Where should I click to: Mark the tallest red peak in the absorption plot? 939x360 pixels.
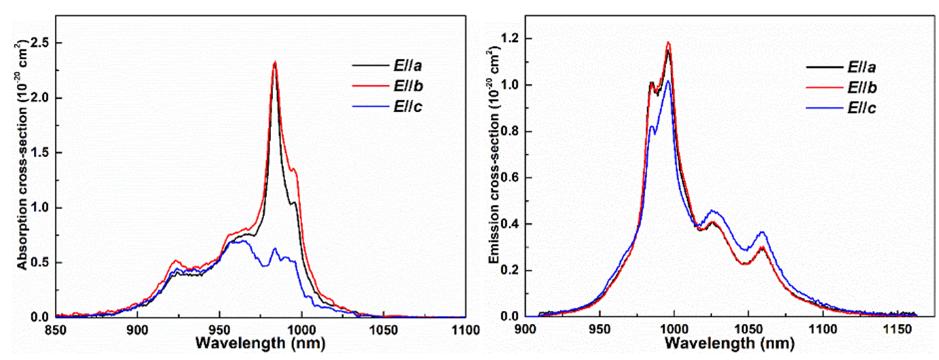point(275,62)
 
